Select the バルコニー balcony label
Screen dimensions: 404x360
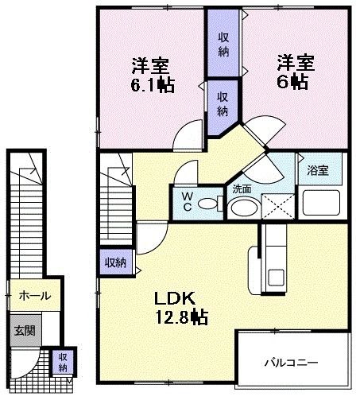pos(292,362)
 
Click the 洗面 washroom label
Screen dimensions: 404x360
pos(242,189)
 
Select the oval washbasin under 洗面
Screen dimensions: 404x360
pos(242,207)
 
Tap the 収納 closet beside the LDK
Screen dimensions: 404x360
pos(113,262)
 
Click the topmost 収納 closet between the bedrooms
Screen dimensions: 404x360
pos(223,40)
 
